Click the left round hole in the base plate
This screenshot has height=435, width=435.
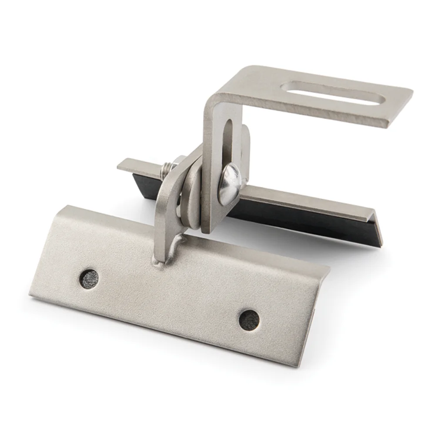point(88,277)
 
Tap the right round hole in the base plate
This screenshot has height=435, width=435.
point(249,320)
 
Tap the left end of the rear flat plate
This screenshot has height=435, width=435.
point(124,164)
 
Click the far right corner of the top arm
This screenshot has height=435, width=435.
point(409,92)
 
